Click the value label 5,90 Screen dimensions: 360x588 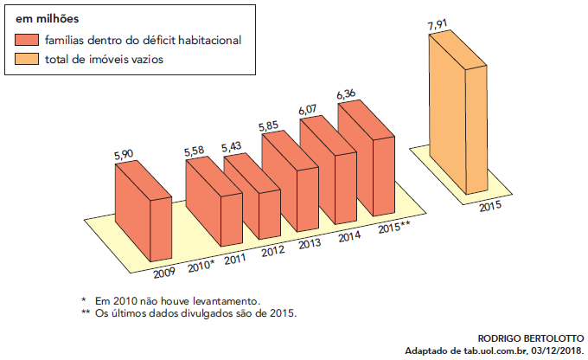pos(125,154)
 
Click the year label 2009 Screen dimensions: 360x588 pos(164,272)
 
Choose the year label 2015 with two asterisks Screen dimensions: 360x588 pos(394,228)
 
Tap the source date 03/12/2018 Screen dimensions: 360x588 pos(554,350)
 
